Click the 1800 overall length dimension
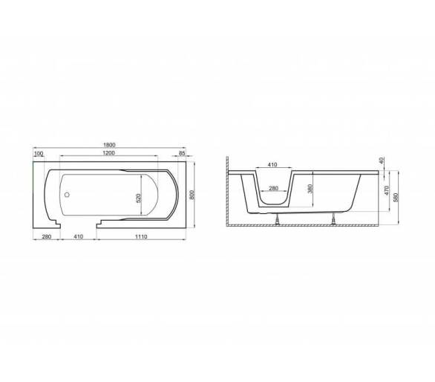click(109, 145)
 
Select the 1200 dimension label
click(108, 152)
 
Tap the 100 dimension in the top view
click(39, 153)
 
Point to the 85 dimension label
click(182, 153)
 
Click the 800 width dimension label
click(192, 195)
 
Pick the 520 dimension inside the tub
click(139, 198)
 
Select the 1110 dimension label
click(141, 236)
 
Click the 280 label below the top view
click(46, 236)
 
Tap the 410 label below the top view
click(79, 236)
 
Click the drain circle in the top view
click(67, 195)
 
